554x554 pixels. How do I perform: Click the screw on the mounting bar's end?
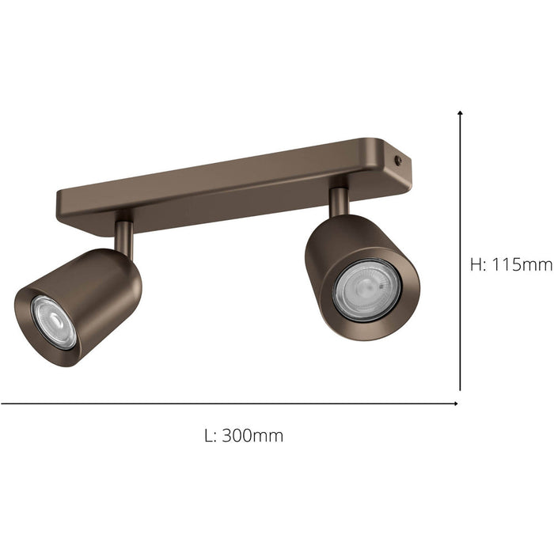pyautogui.click(x=398, y=160)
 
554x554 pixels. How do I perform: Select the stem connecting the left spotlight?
pyautogui.click(x=124, y=235)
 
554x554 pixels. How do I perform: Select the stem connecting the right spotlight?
pyautogui.click(x=339, y=201)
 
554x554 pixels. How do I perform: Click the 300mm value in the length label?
pyautogui.click(x=252, y=435)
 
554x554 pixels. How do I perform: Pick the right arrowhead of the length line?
pyautogui.click(x=455, y=403)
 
